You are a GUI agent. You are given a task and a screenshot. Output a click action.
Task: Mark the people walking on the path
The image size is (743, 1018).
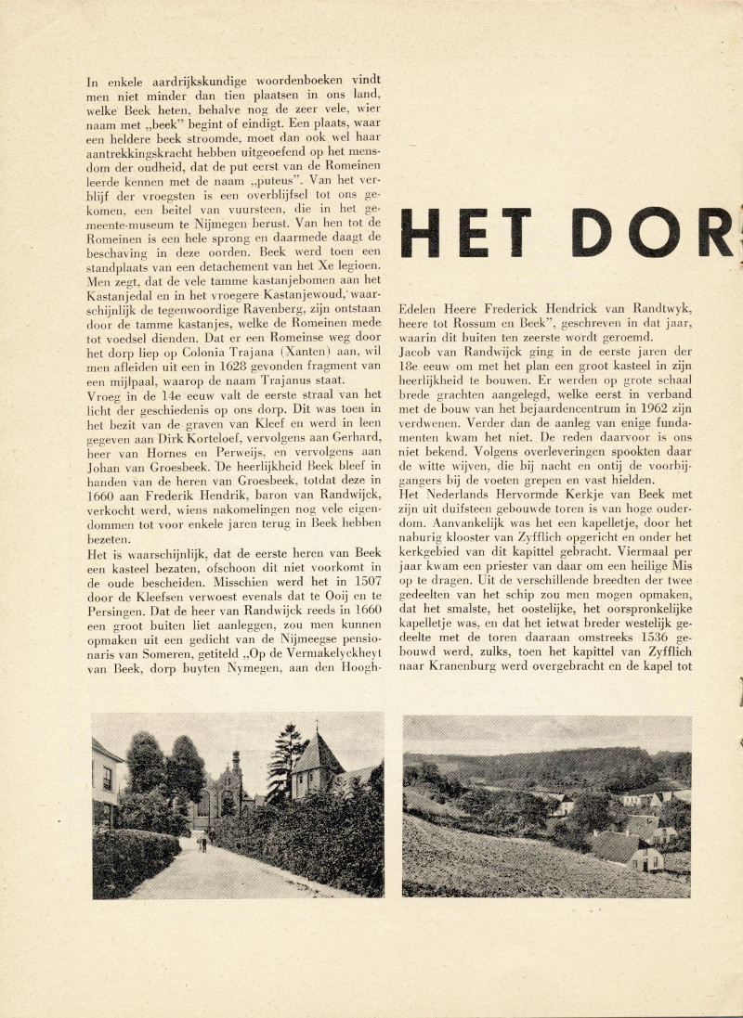click(203, 843)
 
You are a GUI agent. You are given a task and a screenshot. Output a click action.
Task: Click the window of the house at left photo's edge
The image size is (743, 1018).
click(106, 778)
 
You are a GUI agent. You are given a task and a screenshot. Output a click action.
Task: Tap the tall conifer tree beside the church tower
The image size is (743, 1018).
click(285, 756)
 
